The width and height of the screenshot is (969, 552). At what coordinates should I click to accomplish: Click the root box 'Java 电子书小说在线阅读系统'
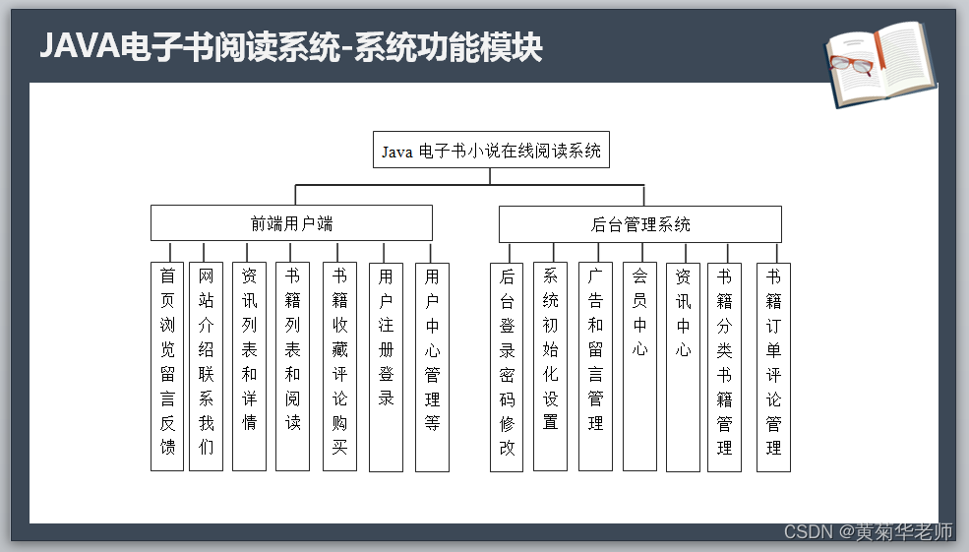490,151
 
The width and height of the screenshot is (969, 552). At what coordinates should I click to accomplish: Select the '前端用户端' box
291,223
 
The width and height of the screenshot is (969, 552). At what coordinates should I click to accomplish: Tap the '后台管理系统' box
639,224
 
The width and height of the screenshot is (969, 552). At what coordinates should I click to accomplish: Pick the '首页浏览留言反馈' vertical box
168,366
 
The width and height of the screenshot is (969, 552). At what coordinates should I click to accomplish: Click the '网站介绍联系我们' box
206,366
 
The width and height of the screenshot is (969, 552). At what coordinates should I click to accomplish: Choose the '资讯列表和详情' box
249,366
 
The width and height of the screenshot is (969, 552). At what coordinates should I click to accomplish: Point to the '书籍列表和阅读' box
292,366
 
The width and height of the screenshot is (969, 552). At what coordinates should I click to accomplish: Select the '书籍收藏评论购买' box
339,366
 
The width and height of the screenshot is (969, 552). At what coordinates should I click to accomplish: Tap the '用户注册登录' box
386,366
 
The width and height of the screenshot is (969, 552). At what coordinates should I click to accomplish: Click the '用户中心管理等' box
432,366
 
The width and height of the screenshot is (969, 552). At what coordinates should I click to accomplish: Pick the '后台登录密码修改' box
508,366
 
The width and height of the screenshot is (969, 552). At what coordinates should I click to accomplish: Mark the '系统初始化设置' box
550,366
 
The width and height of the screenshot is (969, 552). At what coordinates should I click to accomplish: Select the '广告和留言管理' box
595,366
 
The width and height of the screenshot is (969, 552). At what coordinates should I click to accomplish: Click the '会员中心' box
639,366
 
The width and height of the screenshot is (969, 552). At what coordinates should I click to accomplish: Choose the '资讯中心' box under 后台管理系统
683,366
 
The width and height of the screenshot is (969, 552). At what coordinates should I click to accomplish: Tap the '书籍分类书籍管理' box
724,366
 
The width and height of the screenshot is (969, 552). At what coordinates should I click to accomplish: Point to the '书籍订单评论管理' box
773,366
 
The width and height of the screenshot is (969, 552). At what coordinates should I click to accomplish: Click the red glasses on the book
852,66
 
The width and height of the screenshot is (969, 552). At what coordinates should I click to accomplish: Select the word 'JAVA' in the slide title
76,45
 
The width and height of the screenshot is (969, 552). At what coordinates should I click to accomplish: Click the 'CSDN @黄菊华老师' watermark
868,532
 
